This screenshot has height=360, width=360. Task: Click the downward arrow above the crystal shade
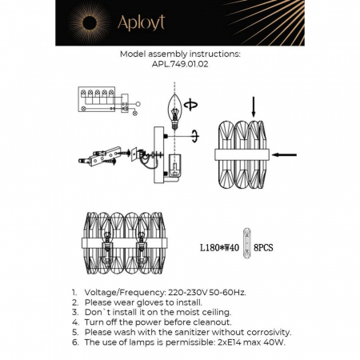[x=254, y=105]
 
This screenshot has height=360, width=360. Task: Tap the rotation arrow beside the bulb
[x=190, y=103]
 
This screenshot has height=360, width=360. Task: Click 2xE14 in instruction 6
[x=225, y=341]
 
